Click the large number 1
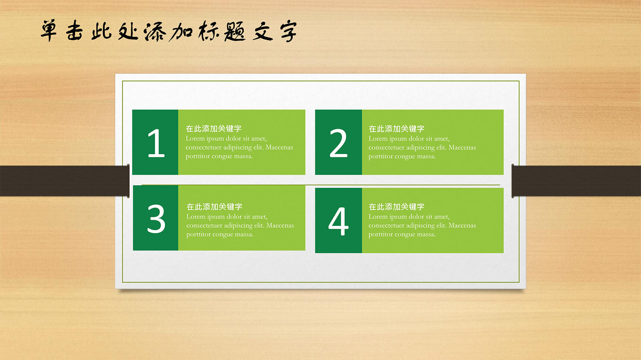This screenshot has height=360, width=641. click(x=156, y=143)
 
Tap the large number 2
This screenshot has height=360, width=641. click(x=338, y=143)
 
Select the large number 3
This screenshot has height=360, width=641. click(x=156, y=219)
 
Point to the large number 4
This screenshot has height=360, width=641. click(x=338, y=221)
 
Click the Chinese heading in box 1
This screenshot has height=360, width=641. click(x=214, y=129)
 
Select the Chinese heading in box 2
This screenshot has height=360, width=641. click(x=397, y=129)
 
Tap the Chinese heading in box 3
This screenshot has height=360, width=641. click(x=214, y=207)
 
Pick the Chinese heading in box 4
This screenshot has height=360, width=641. click(x=397, y=207)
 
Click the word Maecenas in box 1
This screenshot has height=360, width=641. click(x=279, y=147)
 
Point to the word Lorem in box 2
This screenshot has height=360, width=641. click(x=378, y=139)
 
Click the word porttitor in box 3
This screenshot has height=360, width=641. click(x=199, y=234)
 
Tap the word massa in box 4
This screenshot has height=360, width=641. click(x=426, y=234)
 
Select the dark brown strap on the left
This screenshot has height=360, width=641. click(x=64, y=181)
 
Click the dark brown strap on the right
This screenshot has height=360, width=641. click(x=576, y=181)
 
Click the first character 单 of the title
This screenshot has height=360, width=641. click(x=49, y=30)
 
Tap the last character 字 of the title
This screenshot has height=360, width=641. click(x=288, y=31)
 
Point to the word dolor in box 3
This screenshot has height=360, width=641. click(x=234, y=217)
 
